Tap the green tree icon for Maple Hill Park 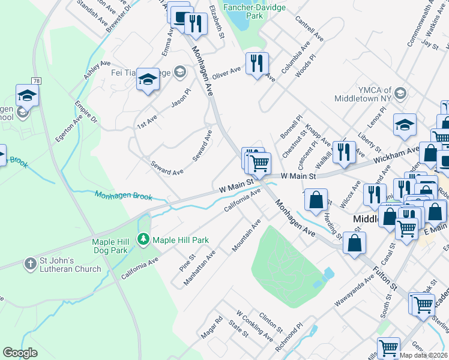pos(143,240)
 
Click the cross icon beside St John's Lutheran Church pos(31,263)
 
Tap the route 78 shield pos(37,80)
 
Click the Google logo pos(20,353)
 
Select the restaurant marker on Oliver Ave pos(257,62)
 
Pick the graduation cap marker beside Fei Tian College pos(148,79)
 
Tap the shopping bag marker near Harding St pos(316,199)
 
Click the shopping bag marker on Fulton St pos(355,242)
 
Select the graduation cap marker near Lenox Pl pos(405,124)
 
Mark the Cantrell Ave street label pos(309,28)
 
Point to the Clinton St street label pos(271,323)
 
